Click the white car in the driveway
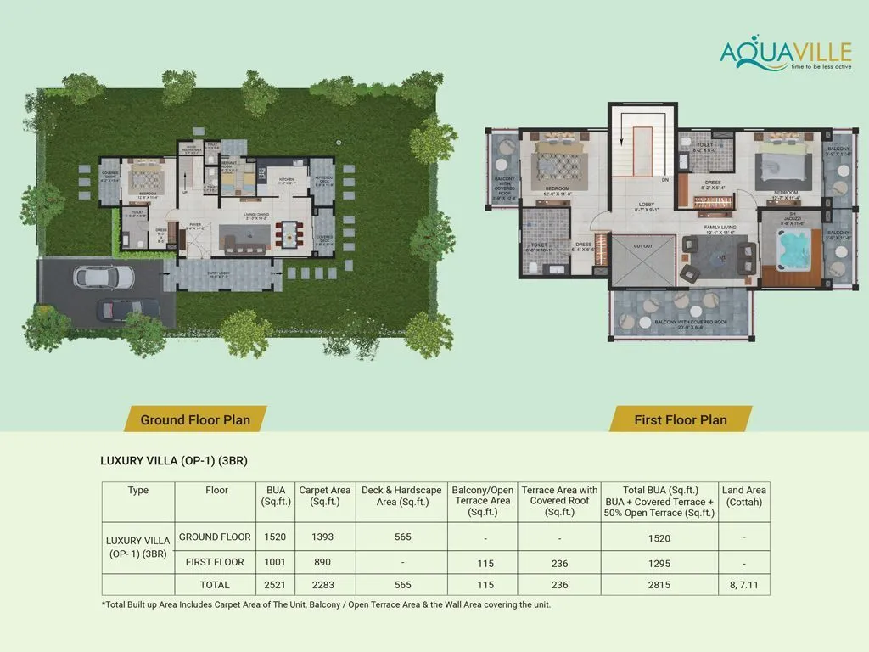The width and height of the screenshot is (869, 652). (104, 278)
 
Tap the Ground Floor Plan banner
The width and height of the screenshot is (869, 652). (195, 419)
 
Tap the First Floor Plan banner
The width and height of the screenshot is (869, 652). (680, 419)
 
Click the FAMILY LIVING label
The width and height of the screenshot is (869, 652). (715, 227)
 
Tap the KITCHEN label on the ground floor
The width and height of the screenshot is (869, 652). (285, 179)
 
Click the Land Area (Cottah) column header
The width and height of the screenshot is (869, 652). (743, 495)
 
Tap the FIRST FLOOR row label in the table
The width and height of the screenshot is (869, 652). (215, 562)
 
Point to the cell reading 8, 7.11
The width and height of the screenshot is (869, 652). (743, 584)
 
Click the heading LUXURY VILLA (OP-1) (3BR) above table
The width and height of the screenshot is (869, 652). (174, 461)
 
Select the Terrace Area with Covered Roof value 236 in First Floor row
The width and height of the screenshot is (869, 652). (559, 562)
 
